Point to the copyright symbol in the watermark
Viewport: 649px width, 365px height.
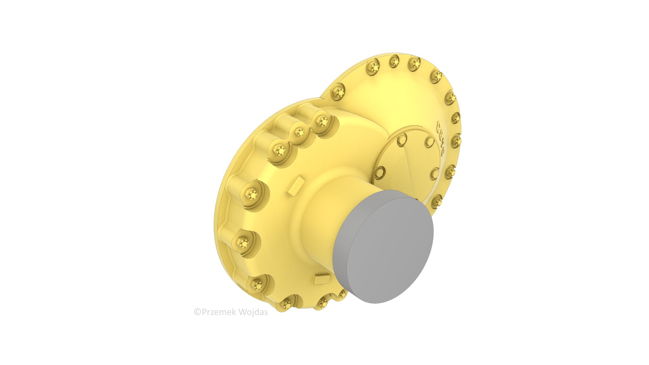[x=197, y=312]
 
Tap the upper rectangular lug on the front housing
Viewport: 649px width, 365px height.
[x=296, y=186]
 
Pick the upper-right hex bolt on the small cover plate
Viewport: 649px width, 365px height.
[x=429, y=142]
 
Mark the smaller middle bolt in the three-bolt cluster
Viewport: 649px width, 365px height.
[x=299, y=132]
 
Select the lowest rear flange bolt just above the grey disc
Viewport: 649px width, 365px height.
[x=437, y=202]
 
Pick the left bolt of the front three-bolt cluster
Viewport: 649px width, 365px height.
[x=280, y=149]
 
